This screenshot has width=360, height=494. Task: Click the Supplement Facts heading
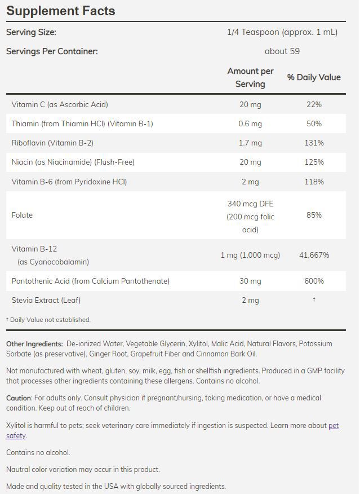60,11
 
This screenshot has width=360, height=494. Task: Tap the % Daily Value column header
314,77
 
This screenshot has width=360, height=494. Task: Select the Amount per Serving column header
250,77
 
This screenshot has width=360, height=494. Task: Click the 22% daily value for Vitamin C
314,104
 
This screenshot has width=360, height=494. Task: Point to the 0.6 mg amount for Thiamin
250,123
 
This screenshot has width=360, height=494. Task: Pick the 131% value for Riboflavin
314,143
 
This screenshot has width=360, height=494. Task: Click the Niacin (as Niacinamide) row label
73,162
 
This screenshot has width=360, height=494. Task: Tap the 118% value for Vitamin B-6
314,182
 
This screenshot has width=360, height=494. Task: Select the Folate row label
22,215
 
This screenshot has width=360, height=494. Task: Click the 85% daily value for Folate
314,215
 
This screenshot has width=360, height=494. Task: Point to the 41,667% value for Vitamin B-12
314,255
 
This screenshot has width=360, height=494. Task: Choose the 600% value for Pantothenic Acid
314,281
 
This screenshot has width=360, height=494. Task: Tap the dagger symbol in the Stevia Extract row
314,299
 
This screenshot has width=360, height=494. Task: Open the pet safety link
333,426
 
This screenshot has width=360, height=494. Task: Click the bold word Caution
19,398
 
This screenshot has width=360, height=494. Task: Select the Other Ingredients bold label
34,343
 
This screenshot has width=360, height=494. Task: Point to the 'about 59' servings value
282,51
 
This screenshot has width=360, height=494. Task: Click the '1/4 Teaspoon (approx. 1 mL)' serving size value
282,32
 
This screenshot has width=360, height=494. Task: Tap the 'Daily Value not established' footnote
50,320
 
